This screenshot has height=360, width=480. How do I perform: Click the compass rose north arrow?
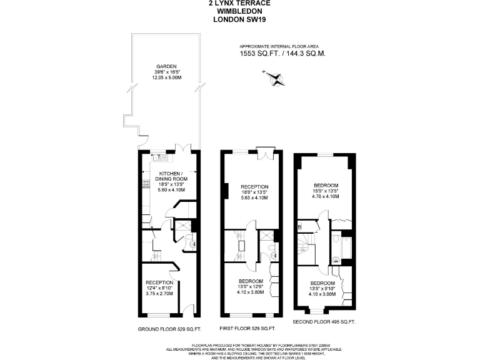274,77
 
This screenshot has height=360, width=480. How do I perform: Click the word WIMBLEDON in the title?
240,11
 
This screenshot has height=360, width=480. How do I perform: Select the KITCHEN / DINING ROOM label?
172,176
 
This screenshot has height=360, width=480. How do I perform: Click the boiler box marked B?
300,226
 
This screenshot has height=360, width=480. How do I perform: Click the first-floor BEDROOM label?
251,282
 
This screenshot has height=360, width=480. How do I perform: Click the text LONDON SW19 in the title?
240,19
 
